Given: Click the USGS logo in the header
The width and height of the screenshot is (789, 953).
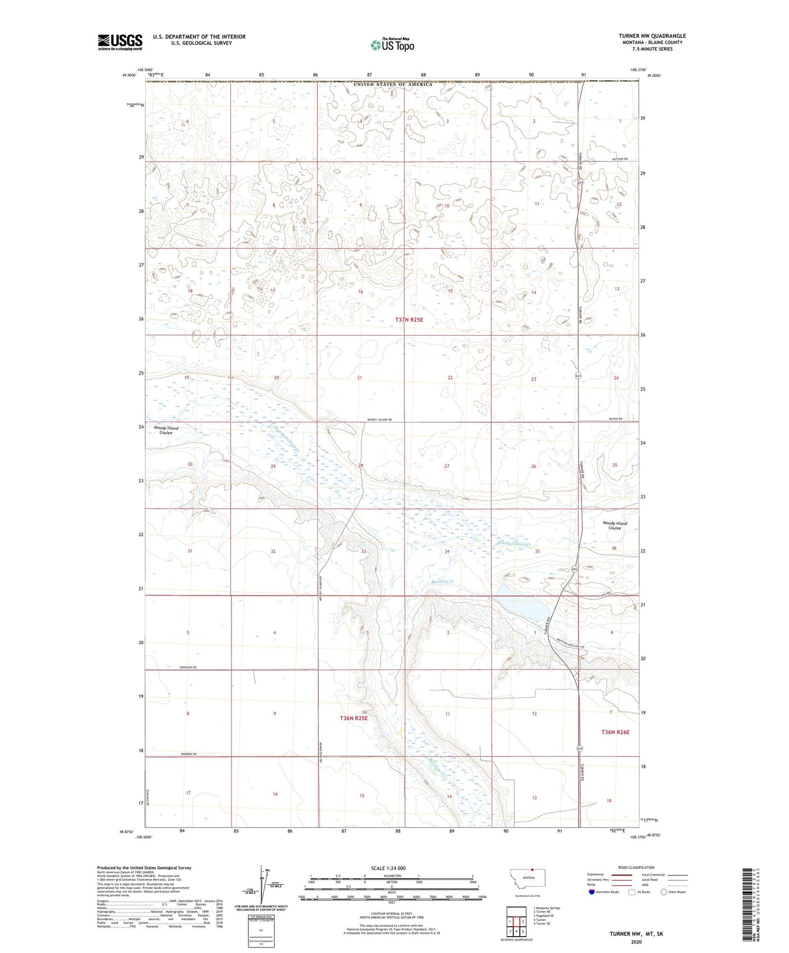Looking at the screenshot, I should [x=120, y=41].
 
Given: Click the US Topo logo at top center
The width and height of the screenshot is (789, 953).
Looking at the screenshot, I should [x=392, y=45].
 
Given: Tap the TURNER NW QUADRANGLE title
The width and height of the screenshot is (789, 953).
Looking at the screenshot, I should [x=652, y=36].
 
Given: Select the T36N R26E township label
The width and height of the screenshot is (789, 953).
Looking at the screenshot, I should [x=615, y=732].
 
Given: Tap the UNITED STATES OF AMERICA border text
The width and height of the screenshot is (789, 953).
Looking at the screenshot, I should [x=393, y=85].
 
